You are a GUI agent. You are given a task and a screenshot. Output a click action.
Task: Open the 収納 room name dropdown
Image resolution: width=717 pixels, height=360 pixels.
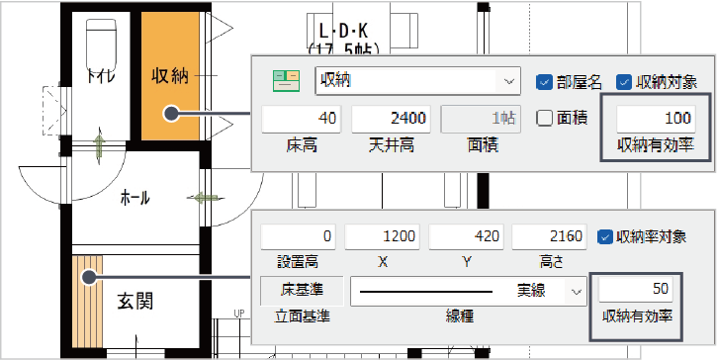[x=509, y=81]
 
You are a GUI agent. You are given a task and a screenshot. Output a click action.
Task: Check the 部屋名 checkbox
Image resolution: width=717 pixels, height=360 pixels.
[x=543, y=81]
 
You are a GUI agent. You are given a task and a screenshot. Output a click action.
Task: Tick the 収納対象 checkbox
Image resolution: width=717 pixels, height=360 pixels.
[x=624, y=81]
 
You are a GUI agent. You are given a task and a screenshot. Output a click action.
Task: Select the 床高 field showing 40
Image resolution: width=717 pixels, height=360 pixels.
[x=301, y=119]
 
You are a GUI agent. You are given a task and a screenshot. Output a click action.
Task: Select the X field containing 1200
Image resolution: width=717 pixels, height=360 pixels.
[x=382, y=237]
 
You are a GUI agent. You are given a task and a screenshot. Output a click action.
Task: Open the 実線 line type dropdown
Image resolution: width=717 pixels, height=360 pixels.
[x=575, y=291]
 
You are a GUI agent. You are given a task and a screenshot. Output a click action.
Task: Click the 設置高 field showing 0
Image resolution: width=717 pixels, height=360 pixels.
[x=299, y=237]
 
